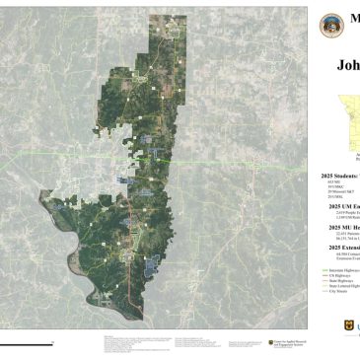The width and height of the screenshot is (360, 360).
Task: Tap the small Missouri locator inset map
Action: [x=343, y=116]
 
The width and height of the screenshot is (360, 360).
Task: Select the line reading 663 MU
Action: [x=327, y=181]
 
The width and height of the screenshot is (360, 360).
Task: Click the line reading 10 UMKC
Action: [x=329, y=185]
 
